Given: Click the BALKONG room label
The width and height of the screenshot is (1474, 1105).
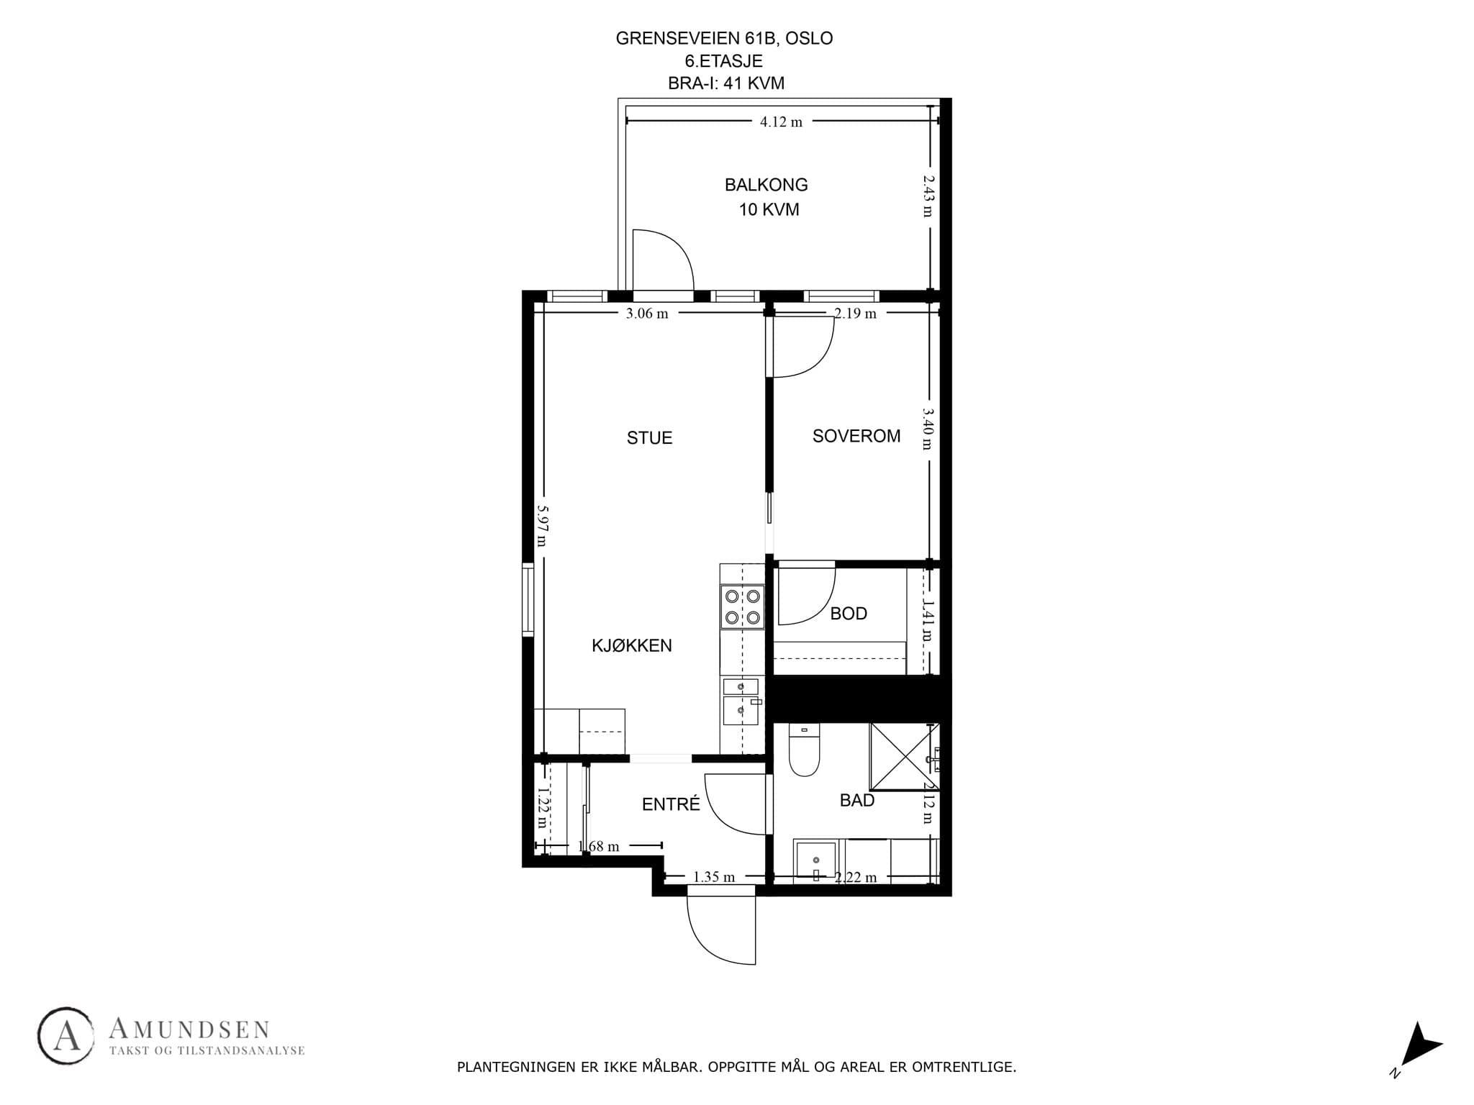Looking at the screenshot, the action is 766,185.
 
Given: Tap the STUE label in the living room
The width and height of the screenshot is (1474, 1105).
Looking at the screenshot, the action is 649,438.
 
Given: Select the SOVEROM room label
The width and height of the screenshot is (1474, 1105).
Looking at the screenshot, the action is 856,436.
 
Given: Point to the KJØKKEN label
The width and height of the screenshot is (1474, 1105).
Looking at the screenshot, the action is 632,646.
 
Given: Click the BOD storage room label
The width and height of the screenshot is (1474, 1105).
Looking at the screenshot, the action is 849,614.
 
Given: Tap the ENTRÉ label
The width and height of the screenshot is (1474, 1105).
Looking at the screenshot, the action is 671,804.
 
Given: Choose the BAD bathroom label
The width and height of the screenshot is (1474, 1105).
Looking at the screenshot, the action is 857,800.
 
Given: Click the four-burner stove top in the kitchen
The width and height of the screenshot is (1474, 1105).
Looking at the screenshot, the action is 742,606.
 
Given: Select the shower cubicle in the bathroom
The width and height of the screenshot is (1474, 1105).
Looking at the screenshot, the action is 905,756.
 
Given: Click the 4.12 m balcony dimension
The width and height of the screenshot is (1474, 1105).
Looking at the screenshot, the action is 781,122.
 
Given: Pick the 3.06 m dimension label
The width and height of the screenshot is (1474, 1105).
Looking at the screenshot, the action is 647,314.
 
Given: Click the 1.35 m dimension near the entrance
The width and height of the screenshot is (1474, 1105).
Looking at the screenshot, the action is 714,877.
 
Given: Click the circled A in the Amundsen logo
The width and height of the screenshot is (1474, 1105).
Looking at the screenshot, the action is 66,1036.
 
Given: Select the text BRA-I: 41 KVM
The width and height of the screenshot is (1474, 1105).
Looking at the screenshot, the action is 725,83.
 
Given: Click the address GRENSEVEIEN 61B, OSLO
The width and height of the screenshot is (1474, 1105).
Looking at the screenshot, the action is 724,39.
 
